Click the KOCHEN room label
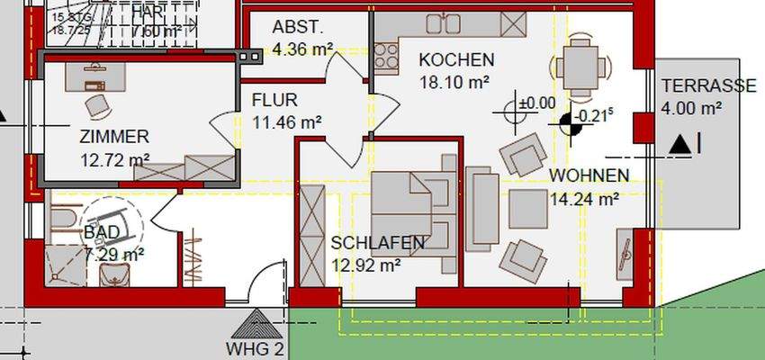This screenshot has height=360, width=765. (x=456, y=60)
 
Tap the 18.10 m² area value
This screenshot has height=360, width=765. (x=454, y=82)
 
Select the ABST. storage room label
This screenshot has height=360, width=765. (x=297, y=27)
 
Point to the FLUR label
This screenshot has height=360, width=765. (x=274, y=100)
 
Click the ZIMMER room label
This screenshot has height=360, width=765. (x=113, y=138)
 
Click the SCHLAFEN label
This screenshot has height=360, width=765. (x=377, y=243)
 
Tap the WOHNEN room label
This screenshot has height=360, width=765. (x=589, y=175)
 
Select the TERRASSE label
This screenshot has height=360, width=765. (x=708, y=86)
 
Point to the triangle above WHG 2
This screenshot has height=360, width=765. (x=256, y=324)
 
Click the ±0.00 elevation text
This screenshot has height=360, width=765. (x=536, y=103)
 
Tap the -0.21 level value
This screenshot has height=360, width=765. (x=595, y=115)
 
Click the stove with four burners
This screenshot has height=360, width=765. (x=388, y=58)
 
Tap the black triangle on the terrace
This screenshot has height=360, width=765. (x=680, y=142)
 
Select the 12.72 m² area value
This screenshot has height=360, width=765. (x=113, y=160)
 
